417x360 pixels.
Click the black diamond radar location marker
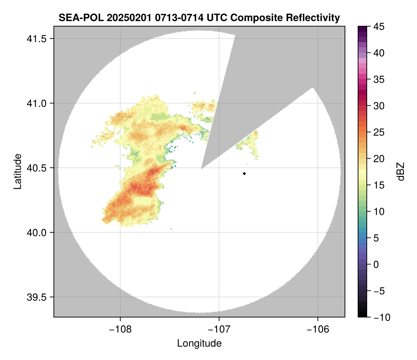(245, 173)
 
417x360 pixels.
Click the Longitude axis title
(199, 343)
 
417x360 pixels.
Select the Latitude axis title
(17, 171)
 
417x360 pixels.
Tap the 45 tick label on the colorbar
(378, 27)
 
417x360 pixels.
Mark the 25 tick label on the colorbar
(378, 132)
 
